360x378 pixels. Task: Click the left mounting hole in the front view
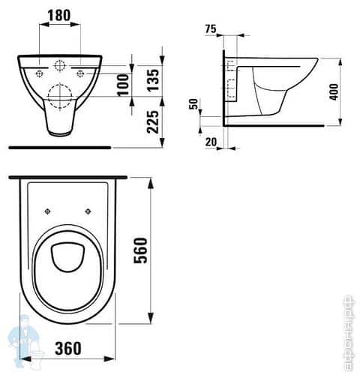37,73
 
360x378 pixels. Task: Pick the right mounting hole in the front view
81,73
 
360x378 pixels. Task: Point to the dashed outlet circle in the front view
59,93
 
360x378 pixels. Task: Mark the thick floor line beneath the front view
56,147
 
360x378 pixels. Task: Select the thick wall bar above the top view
67,178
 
